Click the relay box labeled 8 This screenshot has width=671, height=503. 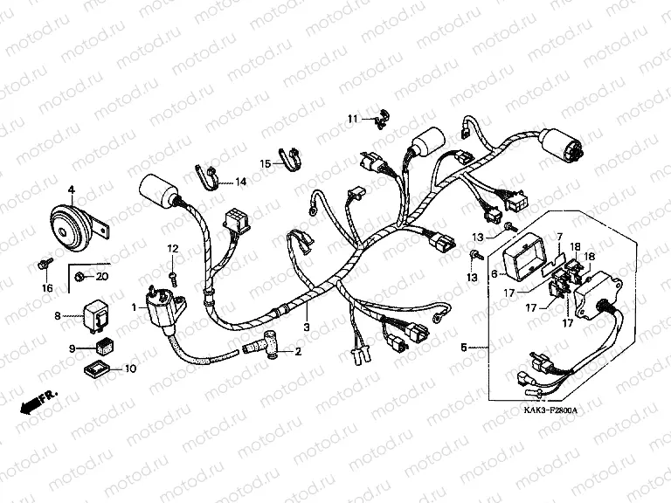[95, 316]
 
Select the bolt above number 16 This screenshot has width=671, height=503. [45, 264]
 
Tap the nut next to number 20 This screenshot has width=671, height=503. [79, 277]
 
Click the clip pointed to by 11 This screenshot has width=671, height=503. [381, 119]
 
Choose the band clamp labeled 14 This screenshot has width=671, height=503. [206, 176]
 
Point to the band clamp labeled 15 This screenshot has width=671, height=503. [289, 159]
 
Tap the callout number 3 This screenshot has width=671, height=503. [307, 327]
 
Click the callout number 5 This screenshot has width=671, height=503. [464, 347]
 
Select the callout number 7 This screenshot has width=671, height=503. [559, 237]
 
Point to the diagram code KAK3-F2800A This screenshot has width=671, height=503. [550, 410]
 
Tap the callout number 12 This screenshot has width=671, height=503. [172, 249]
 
